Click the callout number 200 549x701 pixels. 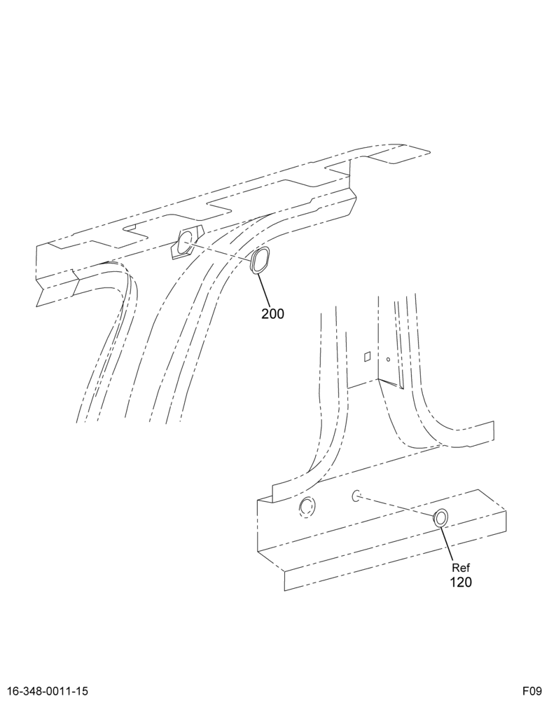[x=272, y=314]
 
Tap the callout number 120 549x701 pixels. [x=461, y=582]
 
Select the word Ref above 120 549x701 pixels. [x=461, y=568]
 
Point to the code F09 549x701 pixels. [x=533, y=690]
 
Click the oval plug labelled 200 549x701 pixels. [x=260, y=260]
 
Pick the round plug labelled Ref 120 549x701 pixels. [x=441, y=519]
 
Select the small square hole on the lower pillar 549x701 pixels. [x=367, y=356]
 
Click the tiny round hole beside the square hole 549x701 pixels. [x=388, y=359]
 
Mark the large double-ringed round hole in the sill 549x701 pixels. [x=307, y=507]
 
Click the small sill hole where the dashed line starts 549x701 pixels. [x=356, y=496]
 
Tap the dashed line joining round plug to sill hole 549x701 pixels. [x=396, y=506]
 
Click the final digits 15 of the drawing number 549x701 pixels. [x=81, y=690]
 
